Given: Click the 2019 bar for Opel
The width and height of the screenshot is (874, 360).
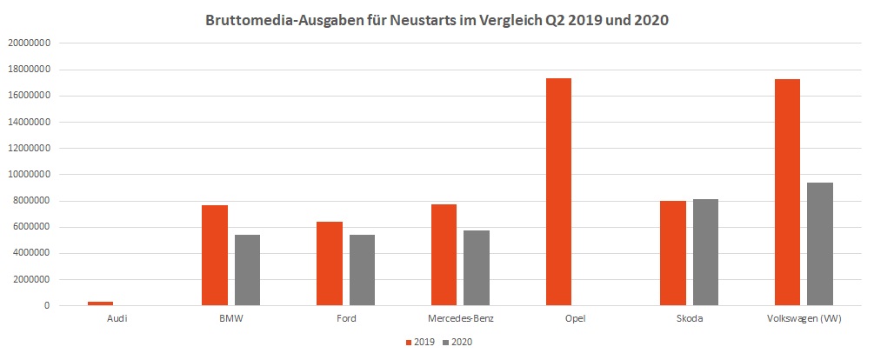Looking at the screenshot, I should pos(558,192).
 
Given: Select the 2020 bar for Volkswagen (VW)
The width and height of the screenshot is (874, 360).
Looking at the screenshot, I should pos(820,244).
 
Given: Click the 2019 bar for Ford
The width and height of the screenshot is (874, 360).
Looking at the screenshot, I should pos(329,263).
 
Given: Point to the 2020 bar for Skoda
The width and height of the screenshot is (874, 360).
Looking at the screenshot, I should pos(705,252).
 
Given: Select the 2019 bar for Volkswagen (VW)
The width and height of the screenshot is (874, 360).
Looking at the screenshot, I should pos(787,192).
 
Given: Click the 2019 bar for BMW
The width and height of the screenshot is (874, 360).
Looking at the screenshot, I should pos(214,256).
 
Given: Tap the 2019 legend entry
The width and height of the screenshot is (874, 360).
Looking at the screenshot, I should pos(422,343).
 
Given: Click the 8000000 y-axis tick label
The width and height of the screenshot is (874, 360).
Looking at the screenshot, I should pos(32,201).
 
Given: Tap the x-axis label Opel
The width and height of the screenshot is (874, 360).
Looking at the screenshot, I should pos(575,319).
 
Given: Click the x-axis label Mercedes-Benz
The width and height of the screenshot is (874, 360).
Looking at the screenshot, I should pos(460,319).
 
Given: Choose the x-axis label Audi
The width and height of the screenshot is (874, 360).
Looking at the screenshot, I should pos(116,319).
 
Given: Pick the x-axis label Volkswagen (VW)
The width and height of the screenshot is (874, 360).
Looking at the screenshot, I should pos(803,319).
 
